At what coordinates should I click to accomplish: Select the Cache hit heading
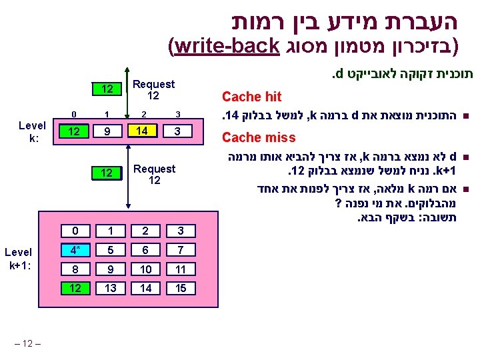pyautogui.click(x=251, y=97)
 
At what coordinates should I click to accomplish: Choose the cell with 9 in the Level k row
pyautogui.click(x=108, y=131)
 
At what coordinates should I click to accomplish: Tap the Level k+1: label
pyautogui.click(x=18, y=258)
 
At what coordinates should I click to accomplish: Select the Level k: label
pyautogui.click(x=32, y=131)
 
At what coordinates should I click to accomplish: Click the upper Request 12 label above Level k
pyautogui.click(x=154, y=90)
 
